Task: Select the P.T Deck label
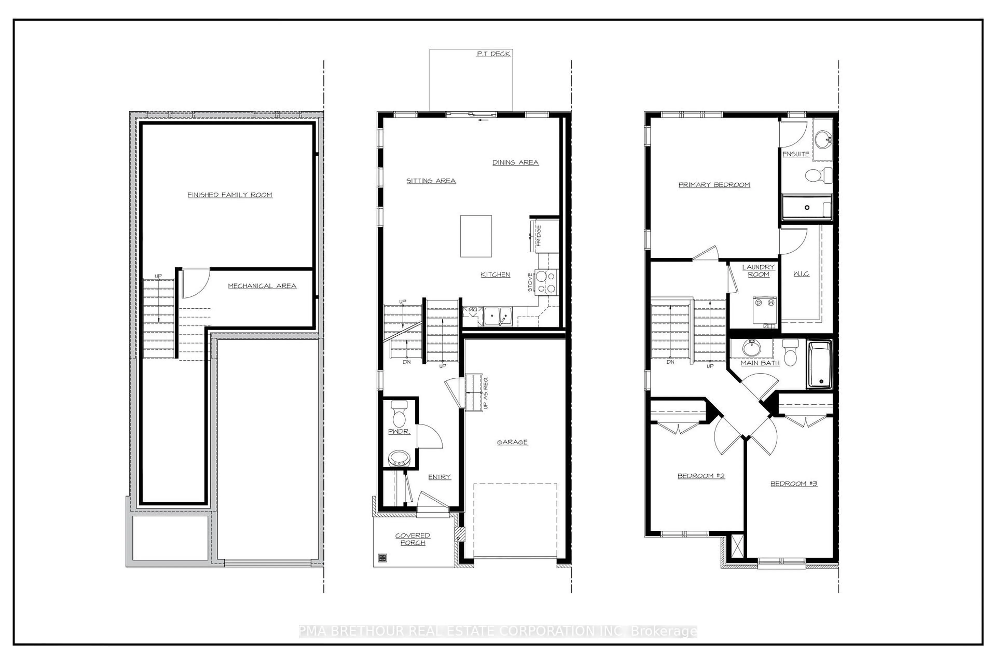[x=493, y=54]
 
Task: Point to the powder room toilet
[x=399, y=414]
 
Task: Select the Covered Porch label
[x=412, y=539]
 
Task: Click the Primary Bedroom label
[x=714, y=185]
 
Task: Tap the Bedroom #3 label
[x=793, y=483]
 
